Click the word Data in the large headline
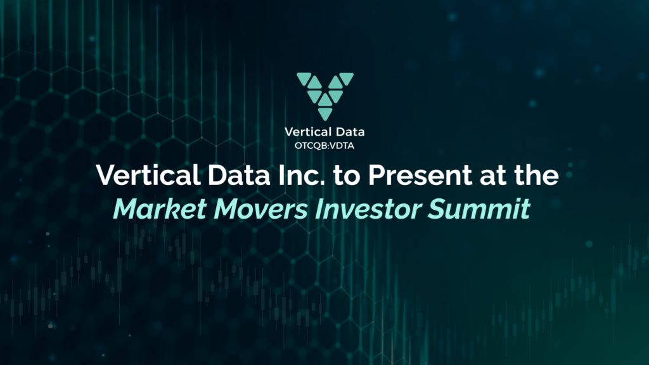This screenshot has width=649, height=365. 226,176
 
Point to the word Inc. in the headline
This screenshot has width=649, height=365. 290,176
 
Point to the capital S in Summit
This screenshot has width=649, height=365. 451,209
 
